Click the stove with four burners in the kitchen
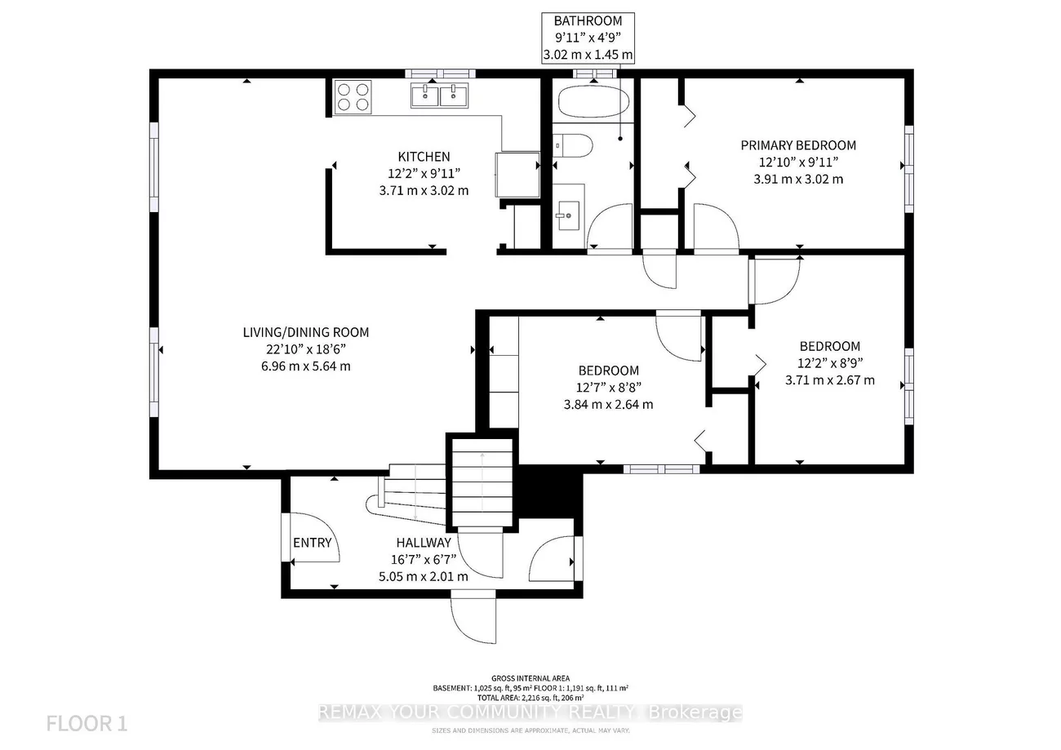(x=353, y=96)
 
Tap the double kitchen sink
(x=439, y=95)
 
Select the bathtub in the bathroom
(x=593, y=103)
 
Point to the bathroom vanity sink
(x=568, y=215)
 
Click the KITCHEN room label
(x=424, y=157)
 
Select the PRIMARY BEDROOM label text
(x=798, y=145)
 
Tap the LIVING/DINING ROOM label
(x=305, y=332)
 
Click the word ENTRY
(x=313, y=543)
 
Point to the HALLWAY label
(x=424, y=543)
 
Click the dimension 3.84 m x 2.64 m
(x=608, y=404)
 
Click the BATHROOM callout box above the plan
(x=588, y=38)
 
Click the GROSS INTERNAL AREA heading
(x=530, y=678)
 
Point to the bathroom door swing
(x=609, y=227)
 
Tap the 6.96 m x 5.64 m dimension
(x=305, y=366)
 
